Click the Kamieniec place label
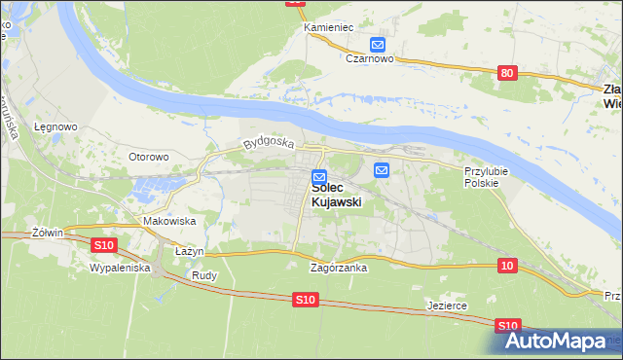pyautogui.click(x=327, y=27)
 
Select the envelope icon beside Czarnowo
pyautogui.click(x=378, y=44)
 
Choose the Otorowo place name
pyautogui.click(x=149, y=156)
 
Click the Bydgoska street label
pyautogui.click(x=269, y=143)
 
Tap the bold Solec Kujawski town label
pyautogui.click(x=337, y=195)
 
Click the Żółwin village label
pyautogui.click(x=47, y=233)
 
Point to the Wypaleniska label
pyautogui.click(x=119, y=267)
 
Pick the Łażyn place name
pyautogui.click(x=189, y=251)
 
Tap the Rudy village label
pyautogui.click(x=204, y=275)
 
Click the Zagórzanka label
pyautogui.click(x=338, y=268)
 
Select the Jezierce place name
pyautogui.click(x=447, y=306)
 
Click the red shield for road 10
pyautogui.click(x=506, y=265)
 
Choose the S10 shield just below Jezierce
pyautogui.click(x=507, y=326)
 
